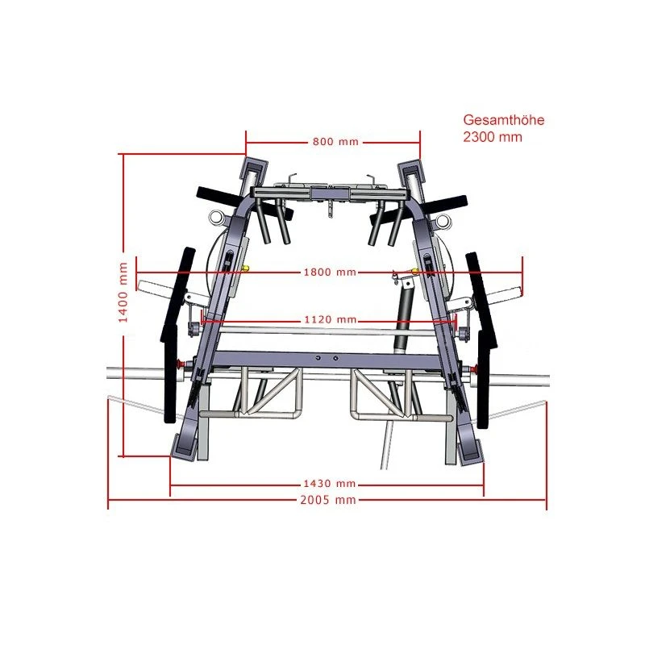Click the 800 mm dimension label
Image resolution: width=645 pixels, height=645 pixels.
coord(335,142)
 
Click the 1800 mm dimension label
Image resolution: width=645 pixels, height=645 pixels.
coord(329,273)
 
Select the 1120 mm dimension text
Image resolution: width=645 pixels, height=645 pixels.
coord(329,320)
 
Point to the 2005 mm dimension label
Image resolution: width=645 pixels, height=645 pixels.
coord(328,500)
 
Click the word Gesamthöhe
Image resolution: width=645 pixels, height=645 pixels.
coord(504,121)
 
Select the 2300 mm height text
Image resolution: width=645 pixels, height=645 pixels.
coord(493,137)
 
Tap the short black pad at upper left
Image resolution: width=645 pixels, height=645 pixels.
coord(216,194)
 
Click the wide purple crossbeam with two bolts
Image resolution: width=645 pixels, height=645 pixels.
coord(329,359)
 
